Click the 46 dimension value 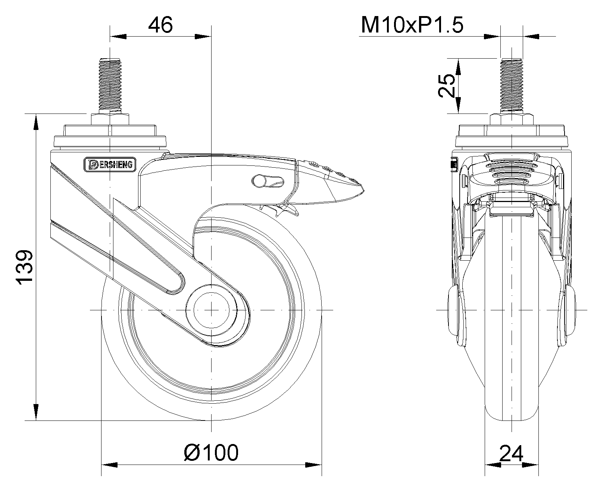point(160,25)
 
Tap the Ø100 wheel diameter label point(211,452)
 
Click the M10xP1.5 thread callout point(412,25)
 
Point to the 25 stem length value point(447,85)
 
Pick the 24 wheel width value point(511,454)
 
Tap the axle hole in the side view point(211,310)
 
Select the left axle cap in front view point(454,310)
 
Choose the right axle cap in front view point(570,310)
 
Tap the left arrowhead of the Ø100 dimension point(109,465)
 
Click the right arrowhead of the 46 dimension point(203,37)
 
